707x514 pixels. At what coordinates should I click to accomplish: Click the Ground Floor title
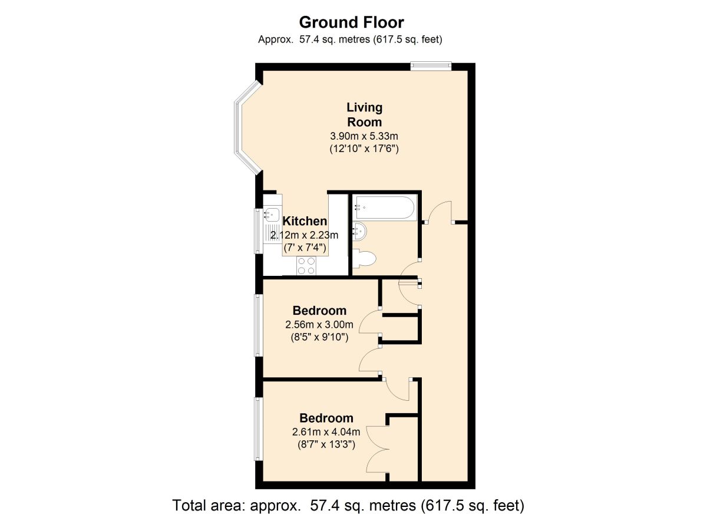351,23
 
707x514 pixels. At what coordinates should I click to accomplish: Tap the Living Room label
365,114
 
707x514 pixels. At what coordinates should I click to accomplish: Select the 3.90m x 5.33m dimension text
364,136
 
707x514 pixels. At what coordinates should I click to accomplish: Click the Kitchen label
305,221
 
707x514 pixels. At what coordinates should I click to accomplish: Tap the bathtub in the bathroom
384,207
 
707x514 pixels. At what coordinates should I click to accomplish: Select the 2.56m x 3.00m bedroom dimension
319,325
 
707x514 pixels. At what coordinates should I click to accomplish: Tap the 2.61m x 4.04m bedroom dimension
326,431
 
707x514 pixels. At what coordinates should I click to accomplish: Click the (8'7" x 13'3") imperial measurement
326,444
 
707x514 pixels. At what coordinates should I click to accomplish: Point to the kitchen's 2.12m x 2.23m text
304,235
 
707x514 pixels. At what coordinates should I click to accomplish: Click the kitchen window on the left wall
259,231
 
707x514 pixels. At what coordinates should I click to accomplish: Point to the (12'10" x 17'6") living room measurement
364,149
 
